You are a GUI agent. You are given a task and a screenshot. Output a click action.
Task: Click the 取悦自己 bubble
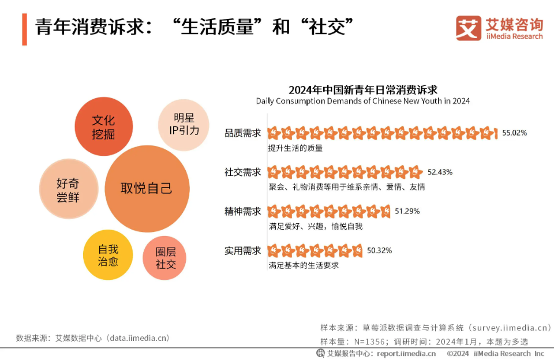(147, 189)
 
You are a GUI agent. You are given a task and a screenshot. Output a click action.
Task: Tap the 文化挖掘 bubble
(104, 127)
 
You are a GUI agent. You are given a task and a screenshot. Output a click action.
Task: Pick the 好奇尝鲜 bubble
(68, 190)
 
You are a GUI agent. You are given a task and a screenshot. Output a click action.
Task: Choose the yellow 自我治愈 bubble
(108, 255)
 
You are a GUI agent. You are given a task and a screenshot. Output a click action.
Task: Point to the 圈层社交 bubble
(165, 258)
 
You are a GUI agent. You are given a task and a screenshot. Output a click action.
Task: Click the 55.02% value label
(514, 133)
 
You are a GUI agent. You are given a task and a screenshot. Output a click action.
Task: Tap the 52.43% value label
(440, 172)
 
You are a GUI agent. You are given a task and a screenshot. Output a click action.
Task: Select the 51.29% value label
(407, 211)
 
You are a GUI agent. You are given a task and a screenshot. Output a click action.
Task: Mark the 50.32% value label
(379, 250)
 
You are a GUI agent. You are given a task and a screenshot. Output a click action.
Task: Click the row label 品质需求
(243, 133)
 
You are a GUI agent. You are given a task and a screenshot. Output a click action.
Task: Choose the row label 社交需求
(243, 172)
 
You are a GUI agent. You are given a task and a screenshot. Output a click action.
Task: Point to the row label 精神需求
(243, 211)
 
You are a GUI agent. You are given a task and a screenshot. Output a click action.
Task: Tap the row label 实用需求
(243, 250)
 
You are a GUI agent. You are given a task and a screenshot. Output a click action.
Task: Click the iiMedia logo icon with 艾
(468, 28)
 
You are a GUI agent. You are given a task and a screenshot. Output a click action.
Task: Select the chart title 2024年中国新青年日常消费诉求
(362, 90)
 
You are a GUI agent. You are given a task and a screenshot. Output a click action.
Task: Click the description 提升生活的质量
(295, 148)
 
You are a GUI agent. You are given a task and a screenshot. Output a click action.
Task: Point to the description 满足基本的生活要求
(303, 265)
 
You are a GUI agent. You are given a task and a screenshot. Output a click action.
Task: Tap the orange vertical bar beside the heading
(25, 29)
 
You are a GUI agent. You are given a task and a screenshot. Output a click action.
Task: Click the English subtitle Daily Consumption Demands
(362, 101)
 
